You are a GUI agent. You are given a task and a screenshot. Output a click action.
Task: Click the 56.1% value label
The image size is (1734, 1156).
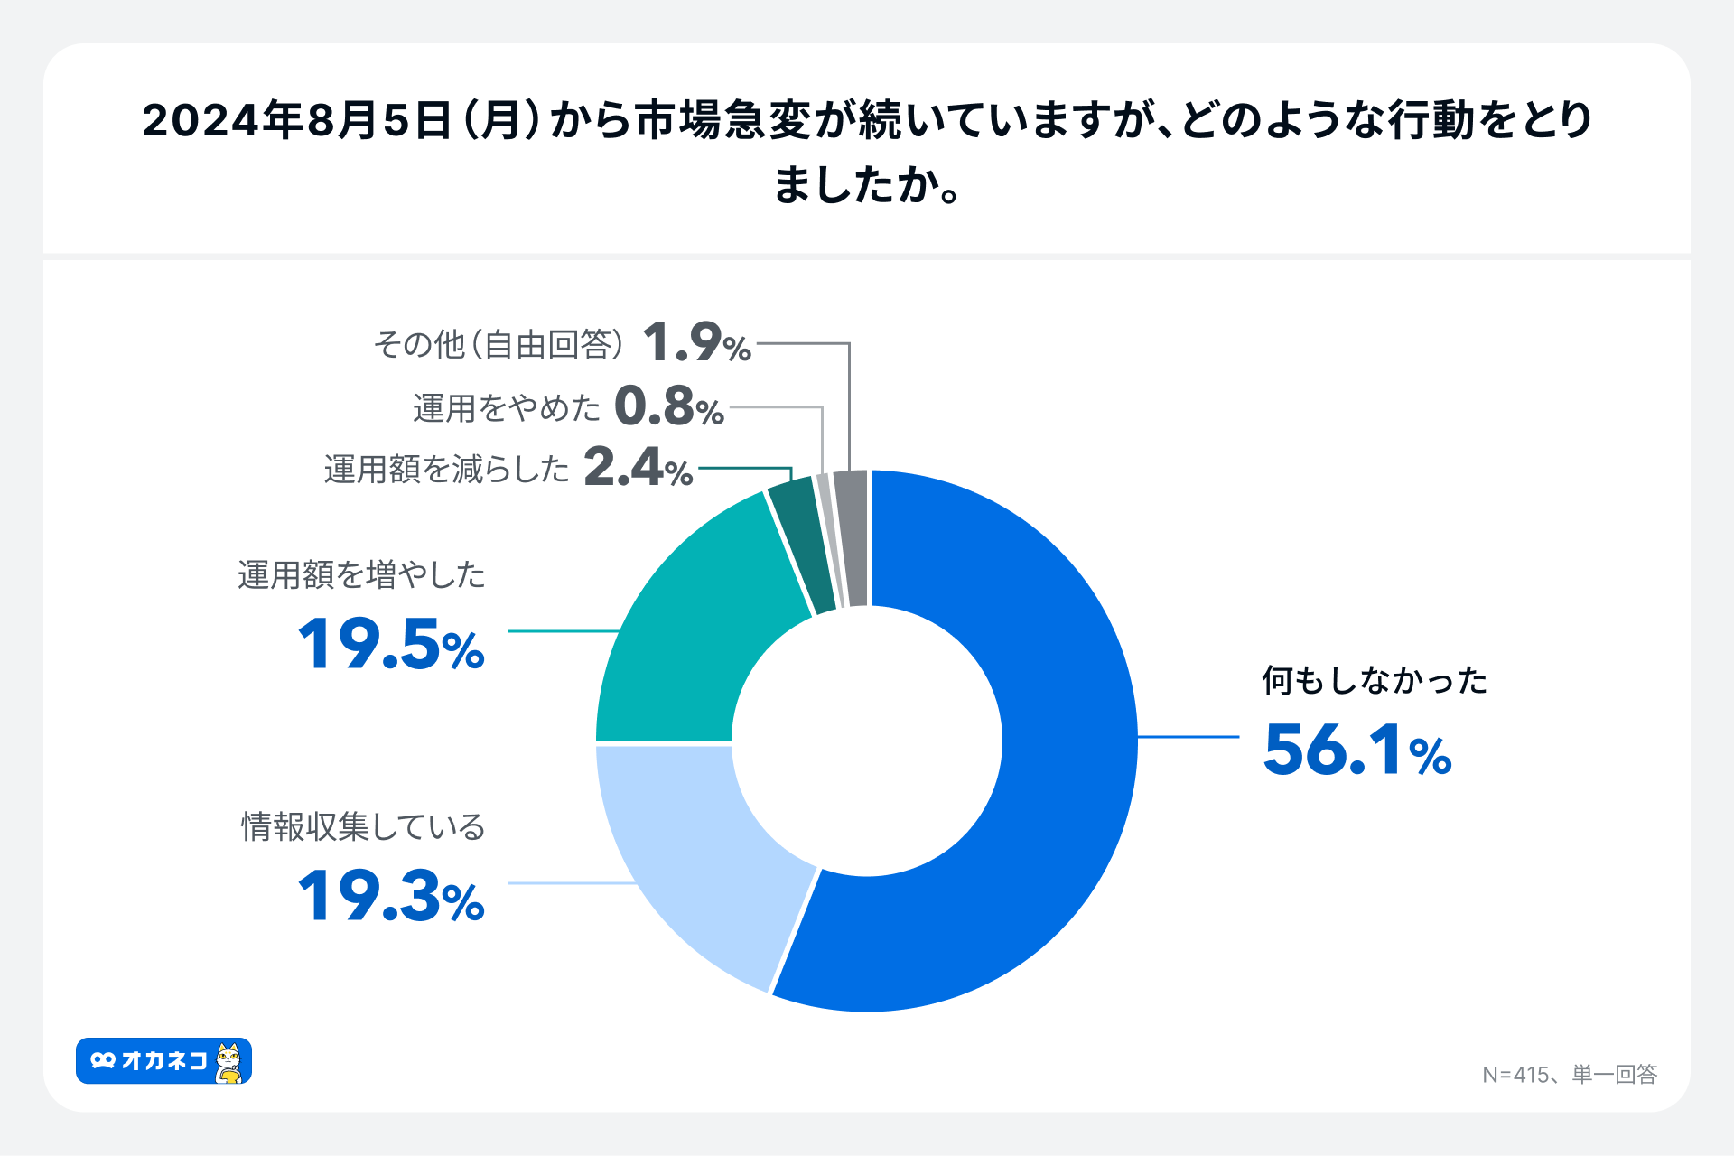pos(1356,750)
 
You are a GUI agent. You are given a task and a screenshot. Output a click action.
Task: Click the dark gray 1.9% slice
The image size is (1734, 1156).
pos(852,537)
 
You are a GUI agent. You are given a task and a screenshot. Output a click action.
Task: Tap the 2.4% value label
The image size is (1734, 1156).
pos(638,469)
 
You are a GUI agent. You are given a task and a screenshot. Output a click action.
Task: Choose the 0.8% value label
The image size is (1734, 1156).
pos(668,407)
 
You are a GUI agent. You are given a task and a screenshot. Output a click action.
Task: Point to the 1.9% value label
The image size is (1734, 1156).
pos(696,344)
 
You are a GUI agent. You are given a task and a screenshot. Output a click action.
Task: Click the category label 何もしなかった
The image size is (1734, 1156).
pos(1374,681)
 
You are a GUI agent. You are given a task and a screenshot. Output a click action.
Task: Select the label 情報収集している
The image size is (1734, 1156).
pos(363,826)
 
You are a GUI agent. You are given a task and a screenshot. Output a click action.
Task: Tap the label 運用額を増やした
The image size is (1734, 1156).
pos(361,575)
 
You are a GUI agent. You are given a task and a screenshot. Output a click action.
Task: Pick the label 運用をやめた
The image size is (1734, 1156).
pos(506,408)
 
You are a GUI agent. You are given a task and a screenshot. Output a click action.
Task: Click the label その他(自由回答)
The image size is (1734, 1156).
pos(499,344)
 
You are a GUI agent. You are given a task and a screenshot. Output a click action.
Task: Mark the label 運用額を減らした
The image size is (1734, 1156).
pos(446,470)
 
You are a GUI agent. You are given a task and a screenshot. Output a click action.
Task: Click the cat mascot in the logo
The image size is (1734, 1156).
pos(229,1062)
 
